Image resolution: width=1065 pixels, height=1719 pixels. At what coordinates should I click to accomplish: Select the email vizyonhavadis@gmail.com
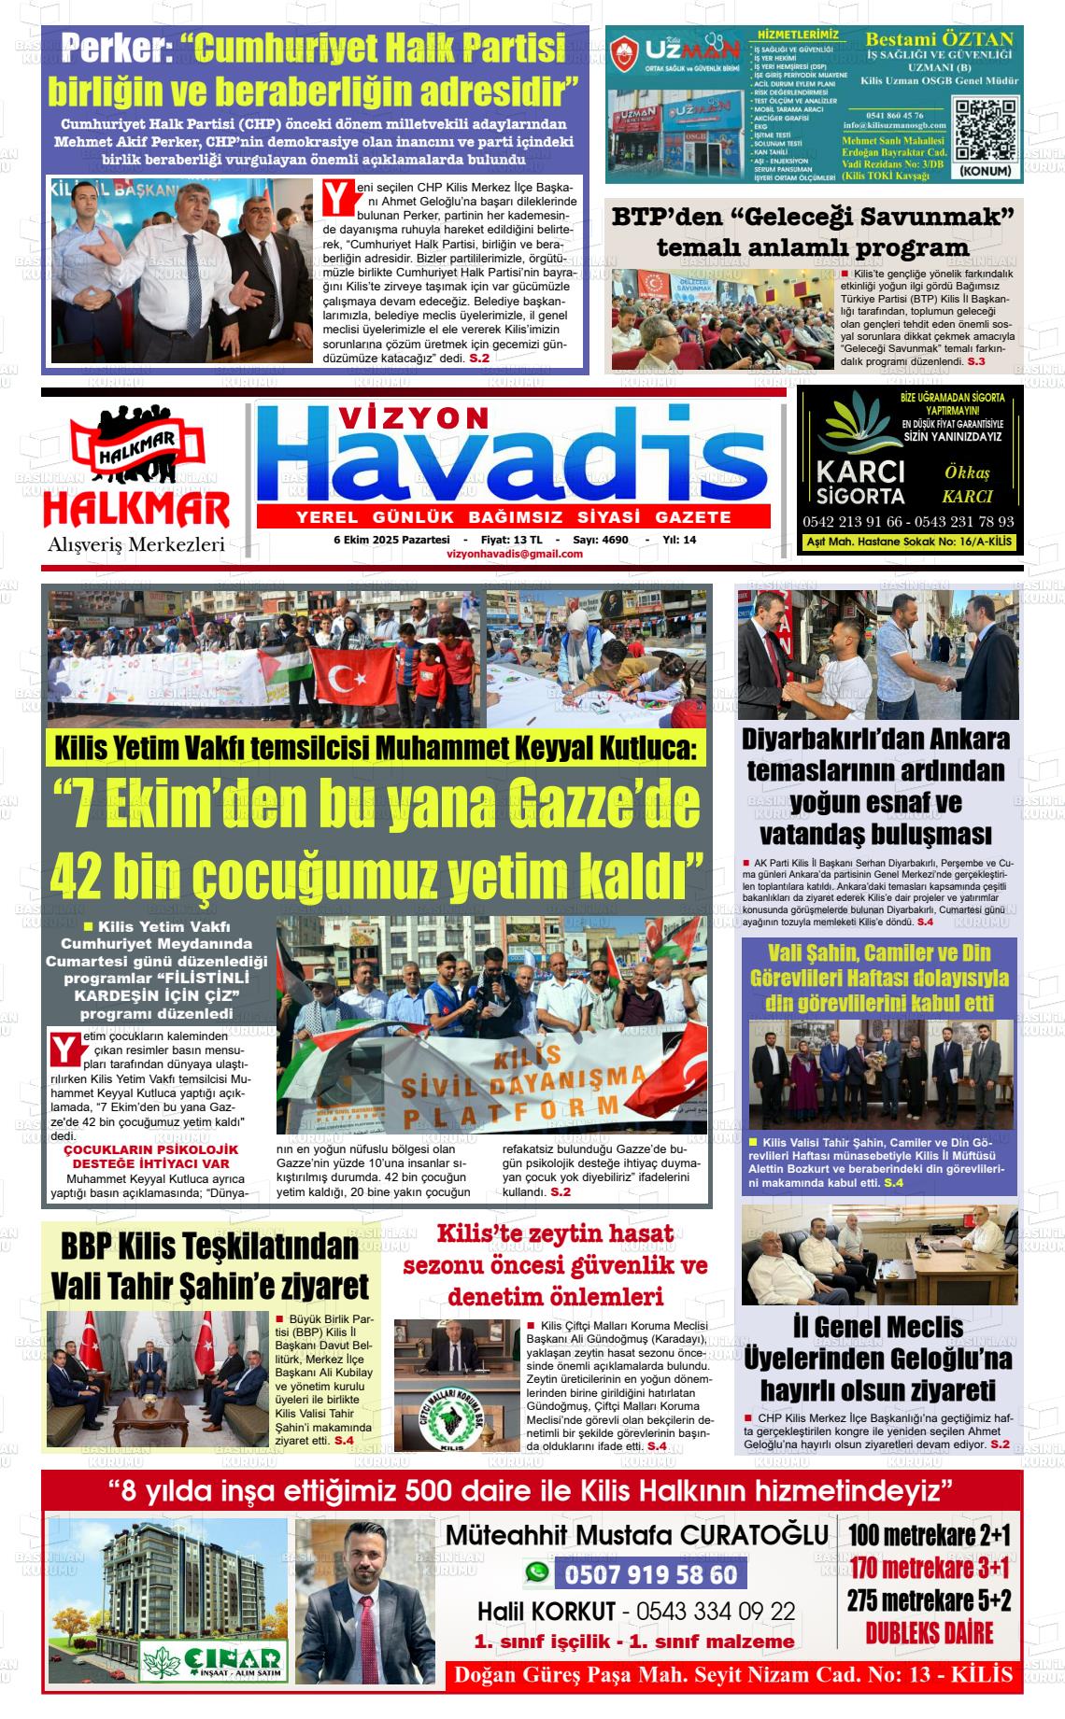515,554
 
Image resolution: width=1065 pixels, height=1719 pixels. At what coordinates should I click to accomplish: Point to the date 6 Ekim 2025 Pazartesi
391,540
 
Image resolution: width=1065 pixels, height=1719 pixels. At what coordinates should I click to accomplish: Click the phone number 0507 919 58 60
650,1575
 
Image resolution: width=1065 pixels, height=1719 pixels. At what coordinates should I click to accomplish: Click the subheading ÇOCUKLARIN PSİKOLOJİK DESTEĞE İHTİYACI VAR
150,1156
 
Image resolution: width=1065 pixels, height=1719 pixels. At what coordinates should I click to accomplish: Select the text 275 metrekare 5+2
929,1600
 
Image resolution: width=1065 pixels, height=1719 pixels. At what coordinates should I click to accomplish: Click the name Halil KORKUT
547,1612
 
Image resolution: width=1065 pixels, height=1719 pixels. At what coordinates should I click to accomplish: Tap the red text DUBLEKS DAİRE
929,1633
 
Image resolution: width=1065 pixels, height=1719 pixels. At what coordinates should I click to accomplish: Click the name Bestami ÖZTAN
939,39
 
